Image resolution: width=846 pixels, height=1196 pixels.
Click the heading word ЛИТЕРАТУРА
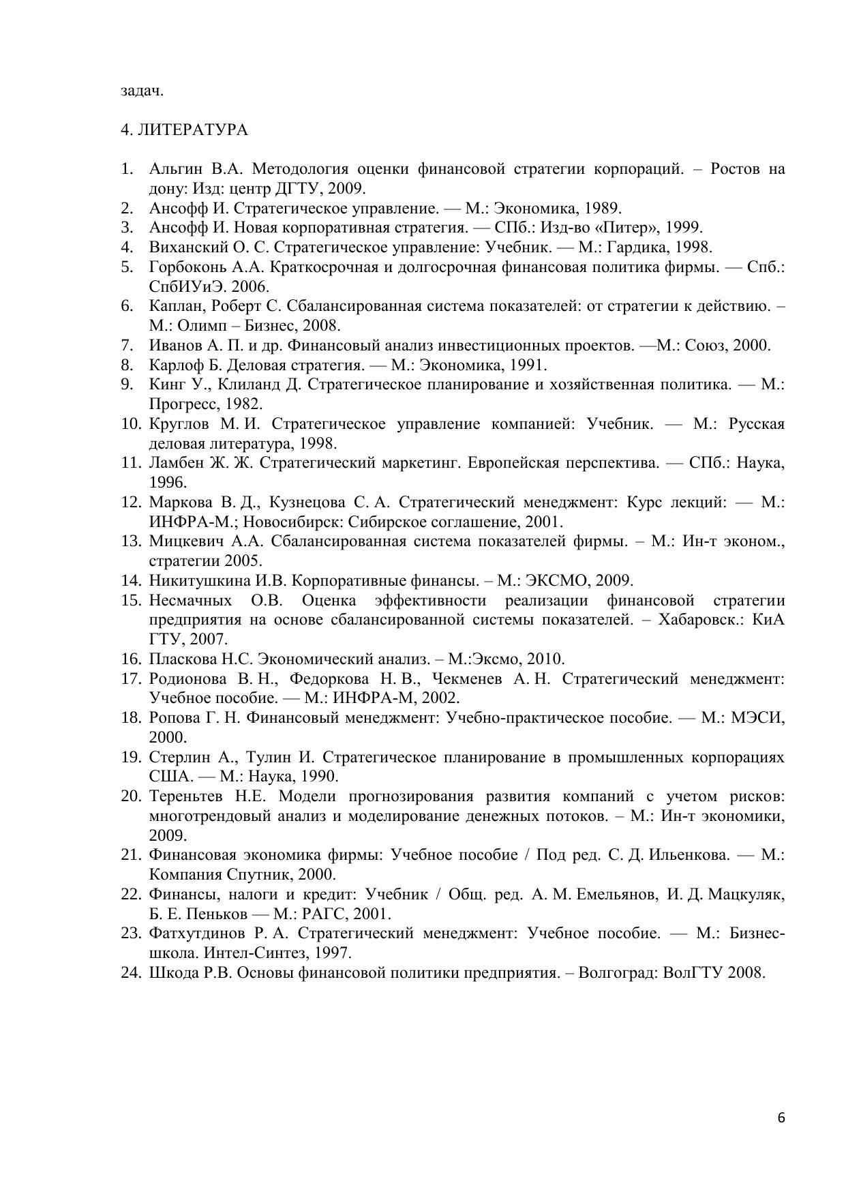point(192,130)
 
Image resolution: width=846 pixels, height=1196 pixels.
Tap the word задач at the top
point(142,91)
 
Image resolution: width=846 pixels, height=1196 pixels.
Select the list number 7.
point(126,346)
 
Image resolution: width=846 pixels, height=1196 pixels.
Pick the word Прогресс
point(180,404)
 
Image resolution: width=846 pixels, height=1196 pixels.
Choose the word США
point(166,777)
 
